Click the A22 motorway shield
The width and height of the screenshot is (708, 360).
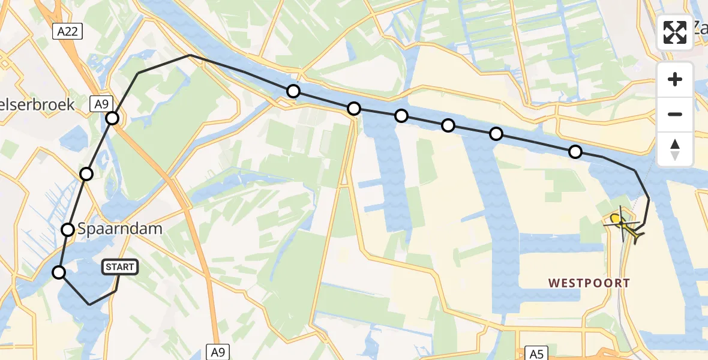(x=67, y=32)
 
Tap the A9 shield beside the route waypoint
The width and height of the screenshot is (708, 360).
(x=101, y=104)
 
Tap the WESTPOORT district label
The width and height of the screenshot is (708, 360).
(x=589, y=283)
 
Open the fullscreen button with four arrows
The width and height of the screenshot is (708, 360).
(x=675, y=32)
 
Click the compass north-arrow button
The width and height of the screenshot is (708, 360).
(x=675, y=149)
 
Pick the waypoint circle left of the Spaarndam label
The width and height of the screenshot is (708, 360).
(x=68, y=229)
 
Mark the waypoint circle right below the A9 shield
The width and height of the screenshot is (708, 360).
(x=112, y=118)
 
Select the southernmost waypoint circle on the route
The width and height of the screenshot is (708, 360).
(x=59, y=272)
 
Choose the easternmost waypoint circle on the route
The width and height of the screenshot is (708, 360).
(x=575, y=151)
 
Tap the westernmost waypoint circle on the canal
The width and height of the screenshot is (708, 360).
(x=293, y=91)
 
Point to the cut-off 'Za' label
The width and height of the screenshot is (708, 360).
(x=699, y=27)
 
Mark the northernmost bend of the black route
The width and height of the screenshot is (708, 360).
(x=190, y=55)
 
